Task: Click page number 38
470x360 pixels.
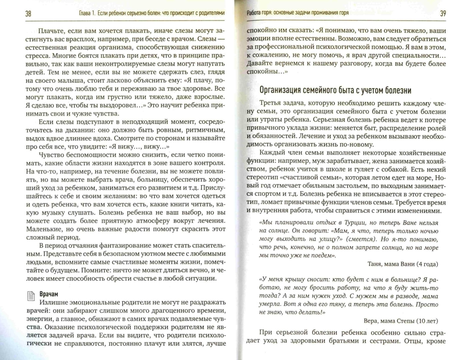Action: point(28,14)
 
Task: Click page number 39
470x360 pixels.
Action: point(443,14)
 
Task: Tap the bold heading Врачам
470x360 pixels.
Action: point(49,294)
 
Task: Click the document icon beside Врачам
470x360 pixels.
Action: point(31,296)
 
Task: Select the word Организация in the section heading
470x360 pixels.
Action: point(280,90)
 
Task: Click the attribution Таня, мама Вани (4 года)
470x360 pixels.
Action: point(403,264)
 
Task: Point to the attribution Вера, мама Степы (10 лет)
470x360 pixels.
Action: point(401,321)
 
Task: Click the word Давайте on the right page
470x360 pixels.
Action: point(259,63)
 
